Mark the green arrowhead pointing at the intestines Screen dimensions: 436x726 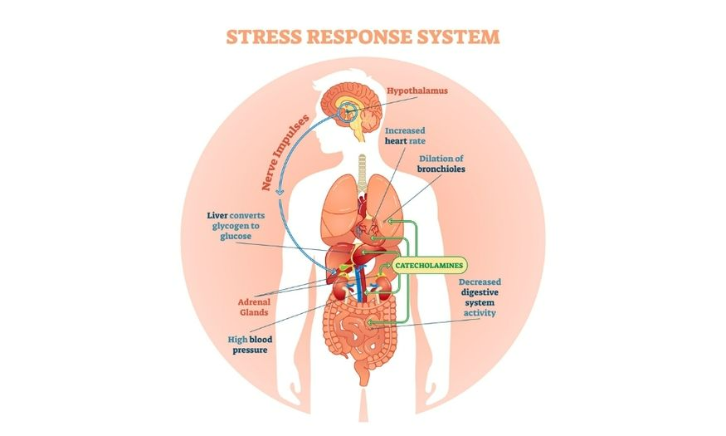coord(370,322)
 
